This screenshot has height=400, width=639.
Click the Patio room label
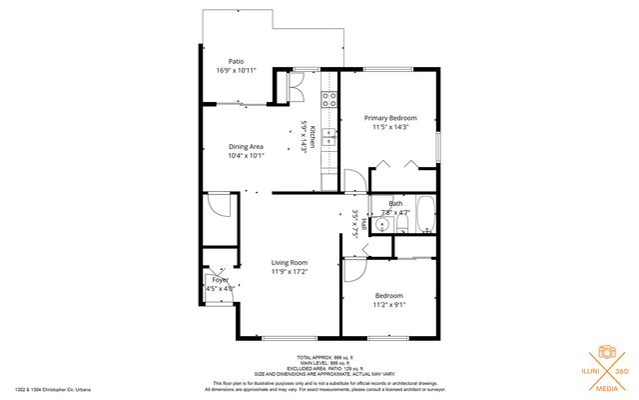(x=236, y=61)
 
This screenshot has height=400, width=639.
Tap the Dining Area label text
(x=245, y=146)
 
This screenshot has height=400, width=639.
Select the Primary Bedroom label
(x=389, y=118)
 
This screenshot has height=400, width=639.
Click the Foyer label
(x=219, y=280)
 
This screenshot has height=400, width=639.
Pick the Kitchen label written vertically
(x=313, y=137)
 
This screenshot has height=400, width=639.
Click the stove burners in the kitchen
(x=327, y=97)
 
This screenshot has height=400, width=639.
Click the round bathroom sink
(x=383, y=226)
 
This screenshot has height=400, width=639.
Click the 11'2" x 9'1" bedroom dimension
(x=389, y=305)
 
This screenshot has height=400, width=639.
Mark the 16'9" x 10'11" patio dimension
(x=236, y=71)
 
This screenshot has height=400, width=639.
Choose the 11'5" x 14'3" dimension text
(x=389, y=127)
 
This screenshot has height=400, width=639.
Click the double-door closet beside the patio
(x=297, y=87)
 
